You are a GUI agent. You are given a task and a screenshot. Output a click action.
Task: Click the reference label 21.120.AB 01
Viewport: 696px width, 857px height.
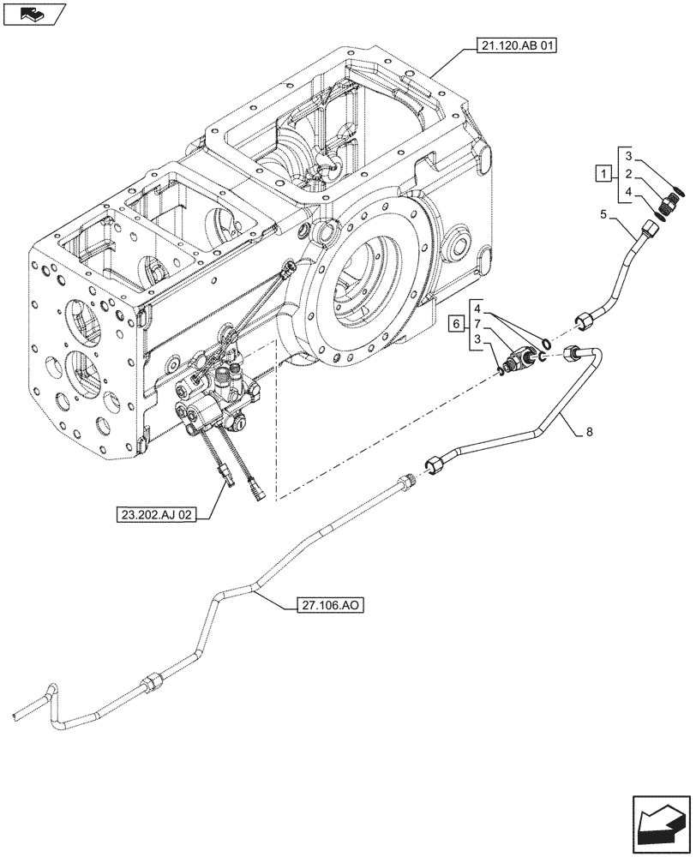coord(513,47)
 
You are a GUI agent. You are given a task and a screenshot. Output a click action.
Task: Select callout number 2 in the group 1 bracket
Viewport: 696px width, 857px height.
coord(628,176)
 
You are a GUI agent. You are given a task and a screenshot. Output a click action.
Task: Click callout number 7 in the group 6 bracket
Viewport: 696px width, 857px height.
coord(484,325)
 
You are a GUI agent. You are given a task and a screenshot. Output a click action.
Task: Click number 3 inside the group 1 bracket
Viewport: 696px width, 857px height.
coord(628,156)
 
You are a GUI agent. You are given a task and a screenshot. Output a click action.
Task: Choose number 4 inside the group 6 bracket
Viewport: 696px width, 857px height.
coord(484,306)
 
